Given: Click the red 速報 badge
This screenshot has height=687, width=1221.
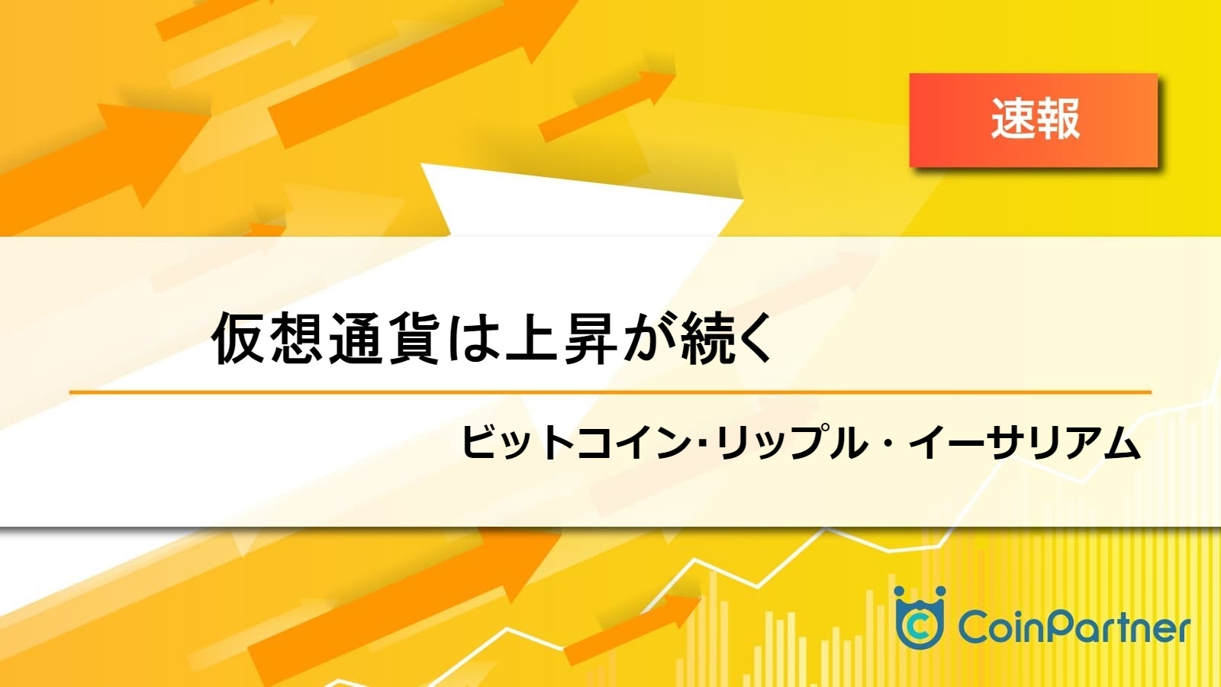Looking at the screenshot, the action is point(1033,120).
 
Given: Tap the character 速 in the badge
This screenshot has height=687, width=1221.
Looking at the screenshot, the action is point(1012,119).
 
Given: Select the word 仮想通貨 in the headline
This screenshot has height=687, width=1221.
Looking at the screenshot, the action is point(325,338).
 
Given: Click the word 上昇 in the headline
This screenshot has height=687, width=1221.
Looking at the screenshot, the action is point(562,338).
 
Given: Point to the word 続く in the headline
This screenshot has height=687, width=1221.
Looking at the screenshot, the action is point(726,338).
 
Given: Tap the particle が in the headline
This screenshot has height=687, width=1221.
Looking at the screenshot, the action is point(649,338).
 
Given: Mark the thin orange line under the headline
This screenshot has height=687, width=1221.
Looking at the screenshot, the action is point(610,392).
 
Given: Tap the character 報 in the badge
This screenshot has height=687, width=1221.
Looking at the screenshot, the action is point(1058,119).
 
